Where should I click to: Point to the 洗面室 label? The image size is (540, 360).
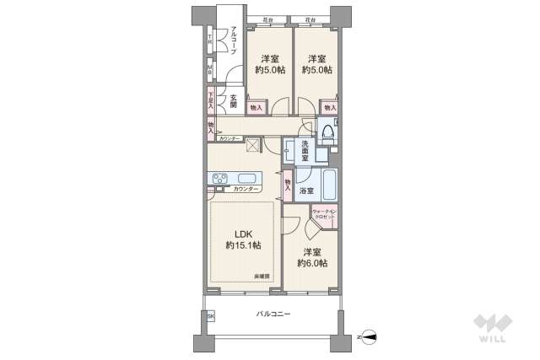pos(309,150)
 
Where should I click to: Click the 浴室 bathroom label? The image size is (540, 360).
pos(307,191)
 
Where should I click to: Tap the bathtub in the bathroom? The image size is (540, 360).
pos(327,182)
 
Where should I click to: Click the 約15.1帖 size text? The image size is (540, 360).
pos(243,245)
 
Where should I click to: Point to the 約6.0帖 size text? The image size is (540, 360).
pos(312,263)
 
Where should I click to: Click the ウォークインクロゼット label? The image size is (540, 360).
pos(324,214)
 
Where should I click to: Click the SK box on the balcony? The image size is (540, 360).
pos(211,315)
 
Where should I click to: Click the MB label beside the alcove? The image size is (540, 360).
pos(210,70)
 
